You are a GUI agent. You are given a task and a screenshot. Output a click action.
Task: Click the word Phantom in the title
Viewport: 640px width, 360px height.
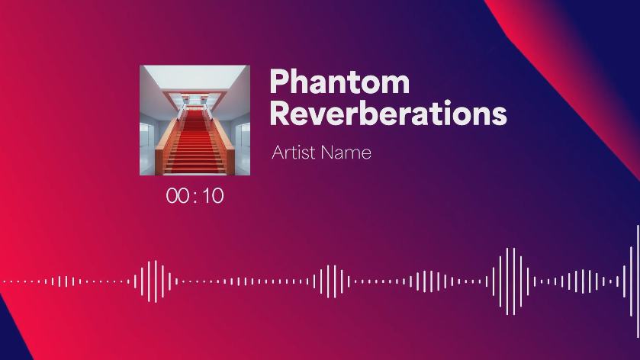point(339,82)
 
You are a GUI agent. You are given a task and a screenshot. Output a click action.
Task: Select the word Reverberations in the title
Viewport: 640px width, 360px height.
point(388,113)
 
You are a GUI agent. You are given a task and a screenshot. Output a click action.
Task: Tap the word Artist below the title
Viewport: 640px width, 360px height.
point(294,153)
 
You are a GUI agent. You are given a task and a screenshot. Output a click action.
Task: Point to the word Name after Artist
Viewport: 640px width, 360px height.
point(346,153)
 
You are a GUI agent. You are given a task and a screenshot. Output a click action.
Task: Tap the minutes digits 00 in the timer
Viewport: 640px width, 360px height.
point(178,196)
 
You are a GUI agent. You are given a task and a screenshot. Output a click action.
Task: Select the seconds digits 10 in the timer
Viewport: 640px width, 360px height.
point(213,196)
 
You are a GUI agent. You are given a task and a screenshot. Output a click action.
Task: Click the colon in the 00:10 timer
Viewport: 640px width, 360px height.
point(195,197)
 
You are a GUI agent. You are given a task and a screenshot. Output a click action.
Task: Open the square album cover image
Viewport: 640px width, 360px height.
point(195,121)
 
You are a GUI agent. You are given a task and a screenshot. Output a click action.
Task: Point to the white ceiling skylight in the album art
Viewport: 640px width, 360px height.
point(195,79)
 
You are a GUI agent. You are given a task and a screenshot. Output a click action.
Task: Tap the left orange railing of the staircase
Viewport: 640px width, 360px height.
point(167,143)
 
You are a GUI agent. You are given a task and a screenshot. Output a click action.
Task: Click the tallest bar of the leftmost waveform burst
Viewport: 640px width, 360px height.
point(156,281)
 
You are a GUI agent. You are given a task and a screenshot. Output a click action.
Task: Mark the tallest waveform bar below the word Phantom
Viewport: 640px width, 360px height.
point(334,281)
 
